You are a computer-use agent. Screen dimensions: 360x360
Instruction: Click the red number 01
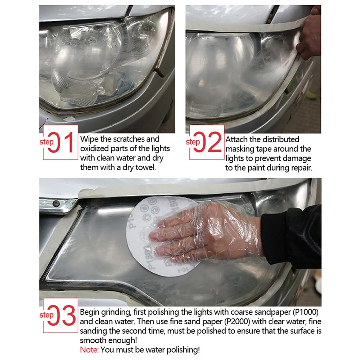[60, 142]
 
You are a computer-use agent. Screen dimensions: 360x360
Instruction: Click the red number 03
[62, 315]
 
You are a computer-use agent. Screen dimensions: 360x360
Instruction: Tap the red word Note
[89, 350]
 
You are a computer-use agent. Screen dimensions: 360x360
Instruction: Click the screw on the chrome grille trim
[56, 203]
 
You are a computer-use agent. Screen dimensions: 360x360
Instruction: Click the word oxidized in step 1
[94, 149]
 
